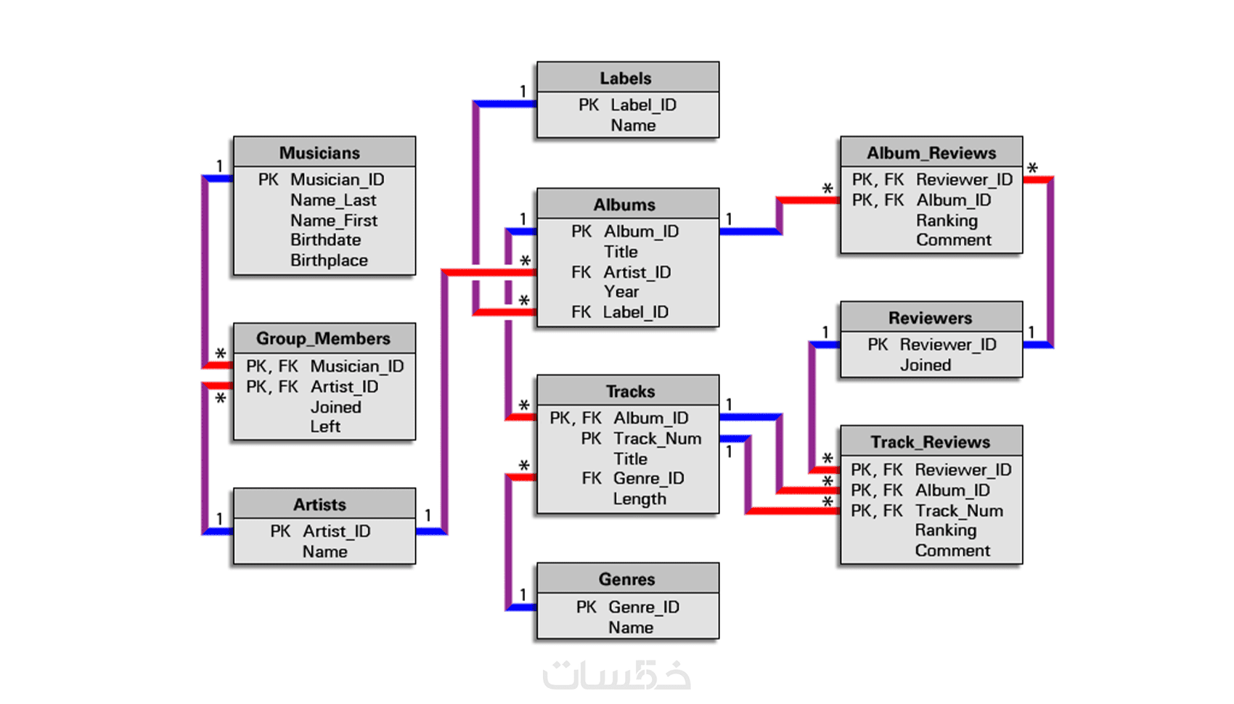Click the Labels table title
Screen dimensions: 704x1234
click(x=625, y=78)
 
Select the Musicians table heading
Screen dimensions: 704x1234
click(x=319, y=153)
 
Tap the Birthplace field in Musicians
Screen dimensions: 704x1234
click(x=329, y=261)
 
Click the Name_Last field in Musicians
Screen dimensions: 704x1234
click(x=333, y=200)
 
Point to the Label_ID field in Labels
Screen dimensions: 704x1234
click(x=643, y=105)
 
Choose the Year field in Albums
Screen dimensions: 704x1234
click(x=621, y=292)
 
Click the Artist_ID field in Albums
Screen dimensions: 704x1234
click(x=637, y=272)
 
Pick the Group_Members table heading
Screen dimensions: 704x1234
click(x=323, y=339)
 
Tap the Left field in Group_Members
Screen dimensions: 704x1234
click(x=325, y=427)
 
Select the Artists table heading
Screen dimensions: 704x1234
click(x=319, y=504)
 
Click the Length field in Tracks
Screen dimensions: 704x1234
click(x=639, y=499)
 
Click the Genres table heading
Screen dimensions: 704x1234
click(x=626, y=579)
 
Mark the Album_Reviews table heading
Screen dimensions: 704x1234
click(x=931, y=153)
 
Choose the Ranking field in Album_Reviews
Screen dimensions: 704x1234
click(x=947, y=220)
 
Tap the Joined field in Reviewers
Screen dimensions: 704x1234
click(x=925, y=365)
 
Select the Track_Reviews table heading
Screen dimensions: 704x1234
click(x=931, y=442)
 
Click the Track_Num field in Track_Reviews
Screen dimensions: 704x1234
click(x=959, y=511)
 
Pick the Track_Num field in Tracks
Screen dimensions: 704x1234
click(x=657, y=438)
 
